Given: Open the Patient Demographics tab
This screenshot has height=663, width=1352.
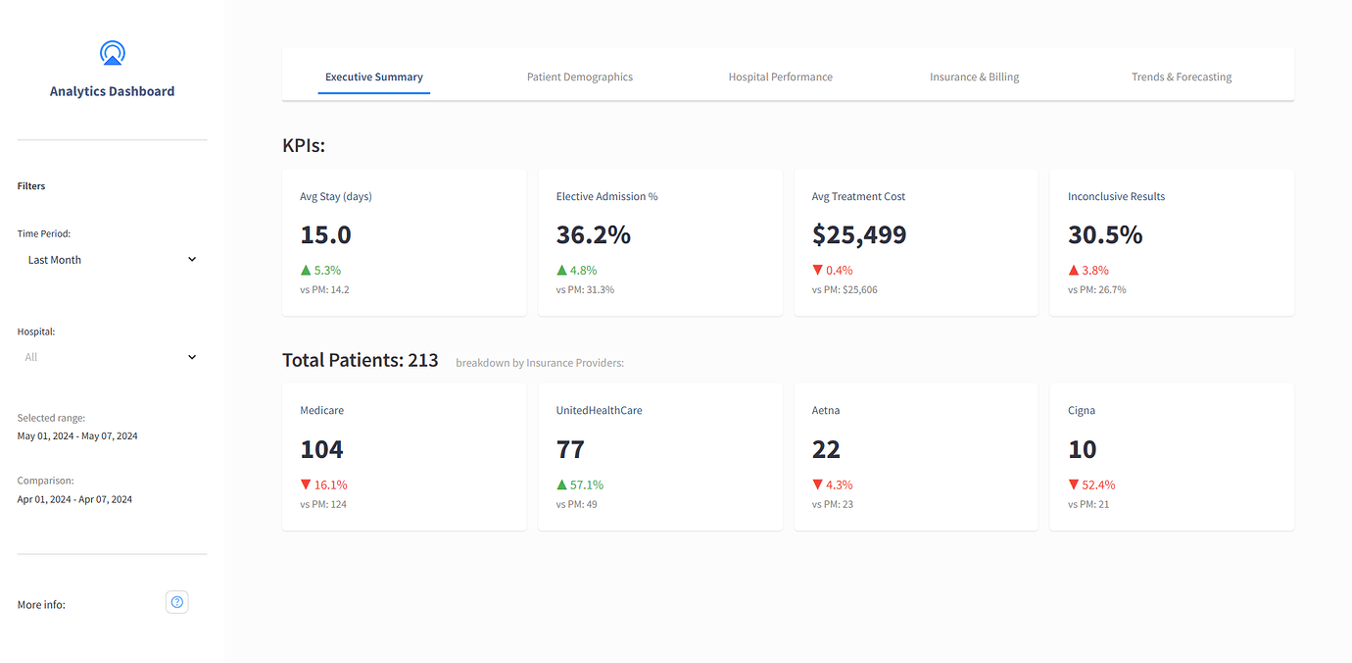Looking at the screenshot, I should pyautogui.click(x=580, y=76).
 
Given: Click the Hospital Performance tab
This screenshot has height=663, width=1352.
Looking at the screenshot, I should pyautogui.click(x=780, y=76).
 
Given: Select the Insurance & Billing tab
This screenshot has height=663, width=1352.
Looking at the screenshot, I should pyautogui.click(x=974, y=76).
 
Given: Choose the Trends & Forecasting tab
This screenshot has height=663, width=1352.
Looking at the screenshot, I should pyautogui.click(x=1181, y=76).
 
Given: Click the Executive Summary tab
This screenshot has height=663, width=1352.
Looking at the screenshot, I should pyautogui.click(x=374, y=76).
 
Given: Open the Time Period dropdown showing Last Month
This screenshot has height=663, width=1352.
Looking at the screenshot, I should pyautogui.click(x=112, y=260).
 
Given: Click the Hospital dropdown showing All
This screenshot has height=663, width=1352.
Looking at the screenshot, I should pyautogui.click(x=112, y=357).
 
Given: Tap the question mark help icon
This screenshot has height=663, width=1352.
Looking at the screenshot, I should pyautogui.click(x=177, y=602).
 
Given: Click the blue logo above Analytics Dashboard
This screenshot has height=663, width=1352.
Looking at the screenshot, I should pyautogui.click(x=113, y=54).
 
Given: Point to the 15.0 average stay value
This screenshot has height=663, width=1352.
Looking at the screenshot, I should pyautogui.click(x=325, y=235).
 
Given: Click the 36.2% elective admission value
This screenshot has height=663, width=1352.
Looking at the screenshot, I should pyautogui.click(x=593, y=235).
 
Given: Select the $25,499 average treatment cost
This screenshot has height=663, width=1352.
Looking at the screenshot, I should pyautogui.click(x=859, y=235).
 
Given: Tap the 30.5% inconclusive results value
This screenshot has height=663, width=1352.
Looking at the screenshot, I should pyautogui.click(x=1105, y=235).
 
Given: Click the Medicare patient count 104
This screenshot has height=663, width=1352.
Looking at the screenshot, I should pyautogui.click(x=321, y=449).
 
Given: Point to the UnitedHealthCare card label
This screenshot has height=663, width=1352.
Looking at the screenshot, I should pyautogui.click(x=599, y=410).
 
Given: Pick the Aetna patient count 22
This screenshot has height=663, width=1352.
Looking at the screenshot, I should pyautogui.click(x=826, y=449).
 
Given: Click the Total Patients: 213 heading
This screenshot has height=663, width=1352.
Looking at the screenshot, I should pyautogui.click(x=361, y=360).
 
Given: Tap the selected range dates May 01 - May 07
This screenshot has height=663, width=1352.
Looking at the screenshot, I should pyautogui.click(x=77, y=435).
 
